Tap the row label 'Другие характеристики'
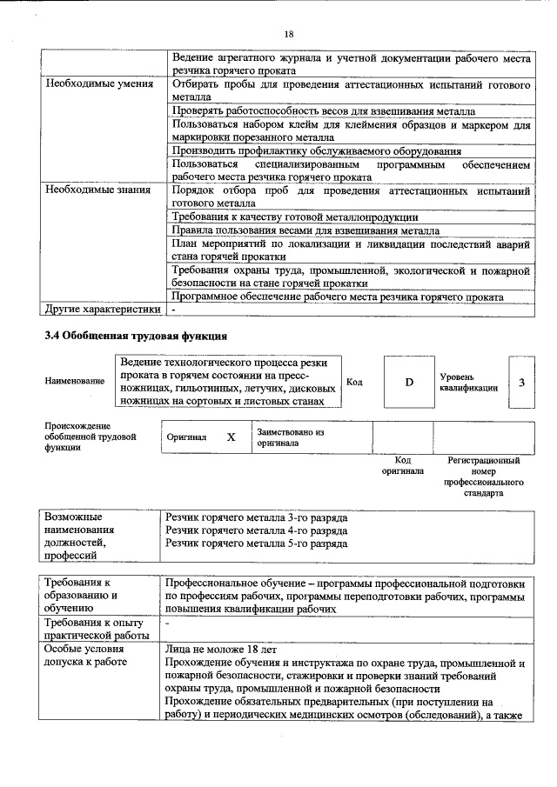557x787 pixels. coord(103,309)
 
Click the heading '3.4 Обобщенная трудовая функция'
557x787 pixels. coord(137,336)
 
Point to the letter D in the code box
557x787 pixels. coord(408,382)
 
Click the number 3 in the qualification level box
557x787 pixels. coord(521,382)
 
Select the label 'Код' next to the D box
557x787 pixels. coord(354,382)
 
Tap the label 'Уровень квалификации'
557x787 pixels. coord(468,382)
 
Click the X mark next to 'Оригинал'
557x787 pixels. coord(231,437)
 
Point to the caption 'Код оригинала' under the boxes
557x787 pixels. coord(402,465)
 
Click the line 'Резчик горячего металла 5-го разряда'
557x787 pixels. coord(257,544)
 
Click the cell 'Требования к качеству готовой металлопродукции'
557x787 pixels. coord(295,217)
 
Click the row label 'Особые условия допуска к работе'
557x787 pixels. coord(85,657)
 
